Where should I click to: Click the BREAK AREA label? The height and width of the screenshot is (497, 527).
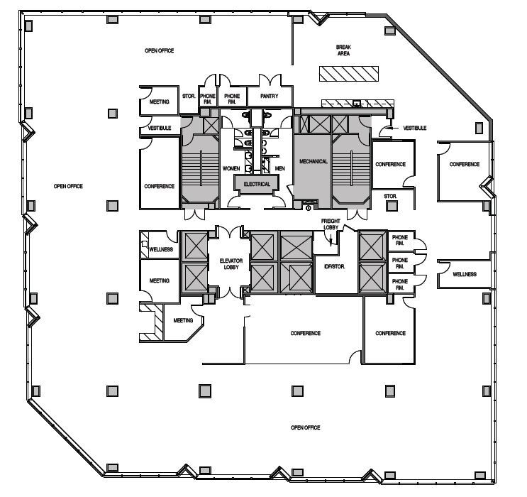pos(343,50)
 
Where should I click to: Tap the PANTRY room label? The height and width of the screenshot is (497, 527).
pos(269,97)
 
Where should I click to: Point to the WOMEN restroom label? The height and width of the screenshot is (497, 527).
pos(231,169)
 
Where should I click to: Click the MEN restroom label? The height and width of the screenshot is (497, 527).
pos(279,169)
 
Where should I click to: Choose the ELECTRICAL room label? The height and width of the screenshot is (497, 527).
pos(257,184)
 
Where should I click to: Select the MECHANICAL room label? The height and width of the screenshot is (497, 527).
pos(313,162)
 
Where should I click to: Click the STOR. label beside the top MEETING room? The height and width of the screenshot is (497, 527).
pos(189,97)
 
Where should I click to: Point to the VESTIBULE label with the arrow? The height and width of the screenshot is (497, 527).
pos(414,128)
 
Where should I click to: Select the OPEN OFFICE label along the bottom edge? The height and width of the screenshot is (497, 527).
pos(306,427)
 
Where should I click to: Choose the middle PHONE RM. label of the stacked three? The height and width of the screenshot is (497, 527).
pos(400,263)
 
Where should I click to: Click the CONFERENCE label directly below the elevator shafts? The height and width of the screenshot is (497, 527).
pos(306,333)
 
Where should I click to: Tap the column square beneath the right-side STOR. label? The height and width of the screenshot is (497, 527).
pos(390,206)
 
